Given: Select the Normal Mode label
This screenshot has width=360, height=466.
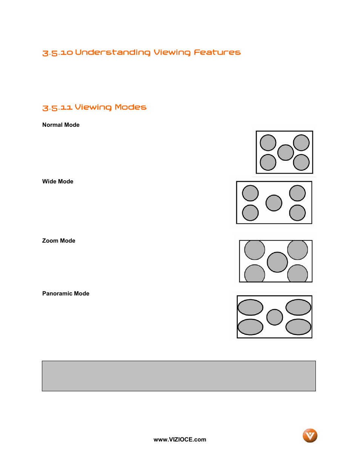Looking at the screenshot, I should tap(61, 125).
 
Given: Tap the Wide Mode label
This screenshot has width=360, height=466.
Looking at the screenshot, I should tap(58, 181).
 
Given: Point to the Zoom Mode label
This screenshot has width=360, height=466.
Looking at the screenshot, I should tap(58, 241).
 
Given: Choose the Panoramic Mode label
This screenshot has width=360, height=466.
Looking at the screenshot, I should tap(66, 294).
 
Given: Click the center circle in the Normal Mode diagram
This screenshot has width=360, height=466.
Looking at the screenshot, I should tap(285, 152).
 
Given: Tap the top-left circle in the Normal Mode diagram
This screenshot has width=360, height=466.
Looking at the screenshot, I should tap(268, 143).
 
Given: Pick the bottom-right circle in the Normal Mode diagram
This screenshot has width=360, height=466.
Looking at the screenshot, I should tap(301, 162).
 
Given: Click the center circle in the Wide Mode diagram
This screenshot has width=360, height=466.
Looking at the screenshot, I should tap(274, 203).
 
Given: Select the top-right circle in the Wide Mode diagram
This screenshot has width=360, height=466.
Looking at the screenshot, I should tap(297, 193).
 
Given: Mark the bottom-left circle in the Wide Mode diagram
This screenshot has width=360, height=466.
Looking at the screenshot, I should tap(250, 213).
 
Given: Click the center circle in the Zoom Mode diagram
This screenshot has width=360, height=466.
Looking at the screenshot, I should tap(277, 262).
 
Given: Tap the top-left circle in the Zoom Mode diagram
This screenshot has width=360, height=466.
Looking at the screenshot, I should tap(255, 250).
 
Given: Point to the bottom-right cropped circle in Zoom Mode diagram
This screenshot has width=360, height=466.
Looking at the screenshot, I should tap(298, 274).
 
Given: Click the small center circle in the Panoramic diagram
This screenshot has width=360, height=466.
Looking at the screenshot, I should tap(274, 317).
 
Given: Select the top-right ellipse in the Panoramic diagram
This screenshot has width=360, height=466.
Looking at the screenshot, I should tap(298, 307).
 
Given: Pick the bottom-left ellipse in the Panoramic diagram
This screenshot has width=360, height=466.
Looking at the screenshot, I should tap(250, 327).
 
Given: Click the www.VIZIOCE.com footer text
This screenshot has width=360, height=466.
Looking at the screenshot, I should tap(180, 440).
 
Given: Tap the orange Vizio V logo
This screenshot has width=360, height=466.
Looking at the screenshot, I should tap(310, 435).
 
